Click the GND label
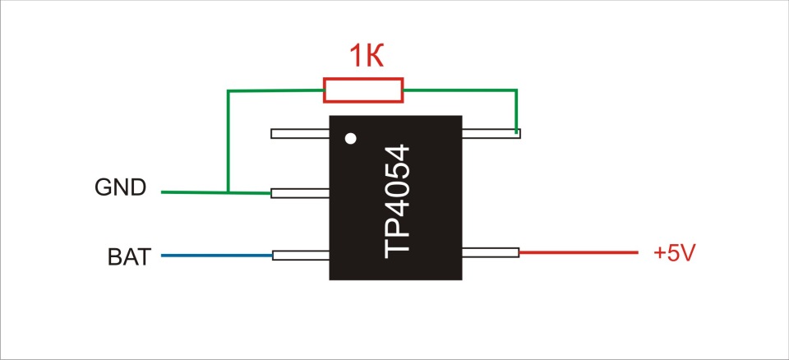120,187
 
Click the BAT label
129,257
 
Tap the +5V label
674,253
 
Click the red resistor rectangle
363,90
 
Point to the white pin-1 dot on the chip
351,138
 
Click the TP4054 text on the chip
396,201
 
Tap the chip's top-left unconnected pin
300,133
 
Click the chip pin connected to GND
300,193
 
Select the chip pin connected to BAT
301,256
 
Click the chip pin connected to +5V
491,252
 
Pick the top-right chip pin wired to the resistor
491,133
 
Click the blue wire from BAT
217,256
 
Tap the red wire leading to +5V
579,252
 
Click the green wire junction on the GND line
228,192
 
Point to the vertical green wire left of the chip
228,141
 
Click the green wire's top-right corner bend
516,90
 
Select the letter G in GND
104,187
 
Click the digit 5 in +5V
675,253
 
